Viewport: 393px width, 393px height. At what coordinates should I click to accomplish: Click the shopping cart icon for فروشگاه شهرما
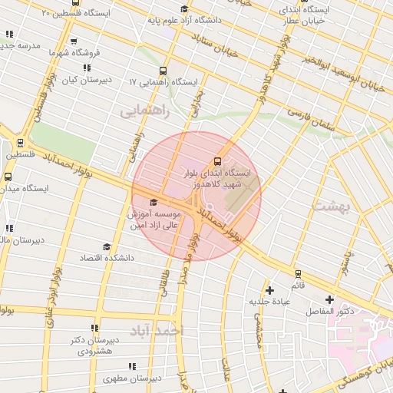point(74,42)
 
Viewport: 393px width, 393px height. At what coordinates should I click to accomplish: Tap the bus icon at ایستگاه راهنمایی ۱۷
point(163,71)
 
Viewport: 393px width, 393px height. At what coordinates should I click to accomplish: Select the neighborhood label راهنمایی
point(142,112)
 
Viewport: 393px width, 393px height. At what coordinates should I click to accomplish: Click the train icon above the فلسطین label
point(20,143)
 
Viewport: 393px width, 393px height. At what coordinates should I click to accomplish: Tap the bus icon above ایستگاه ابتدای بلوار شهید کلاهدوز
point(218,162)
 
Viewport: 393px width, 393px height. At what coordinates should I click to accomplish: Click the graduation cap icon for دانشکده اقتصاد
point(107,247)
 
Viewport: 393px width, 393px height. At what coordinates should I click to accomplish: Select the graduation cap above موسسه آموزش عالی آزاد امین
point(154,203)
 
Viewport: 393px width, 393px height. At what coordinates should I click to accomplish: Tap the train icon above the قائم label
point(298,273)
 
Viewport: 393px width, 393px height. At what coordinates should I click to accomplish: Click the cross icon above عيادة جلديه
point(269,290)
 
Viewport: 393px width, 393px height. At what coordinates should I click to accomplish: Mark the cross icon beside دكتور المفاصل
point(330,299)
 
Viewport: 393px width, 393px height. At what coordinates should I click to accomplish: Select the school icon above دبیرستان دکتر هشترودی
point(94,328)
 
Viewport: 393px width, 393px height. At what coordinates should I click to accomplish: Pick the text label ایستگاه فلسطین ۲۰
point(77,13)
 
